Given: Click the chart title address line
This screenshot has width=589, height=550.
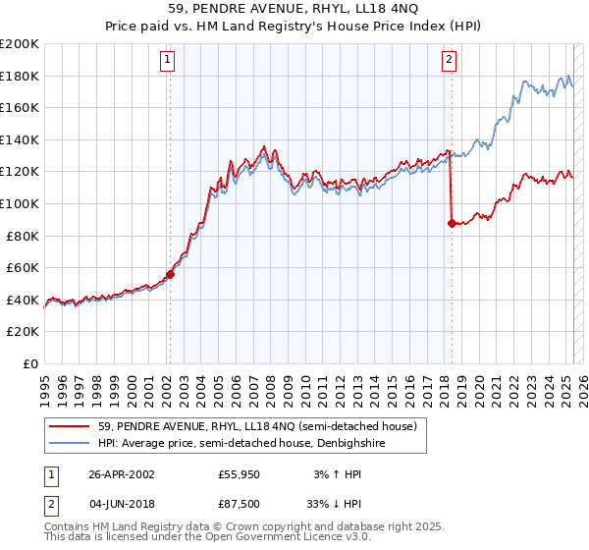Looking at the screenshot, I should click(294, 9).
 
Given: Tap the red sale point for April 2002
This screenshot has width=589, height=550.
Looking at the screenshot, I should click(170, 275).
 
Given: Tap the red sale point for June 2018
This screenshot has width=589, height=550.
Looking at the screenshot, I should click(452, 224).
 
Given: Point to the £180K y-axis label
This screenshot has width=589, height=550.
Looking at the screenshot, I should click(20, 76).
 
